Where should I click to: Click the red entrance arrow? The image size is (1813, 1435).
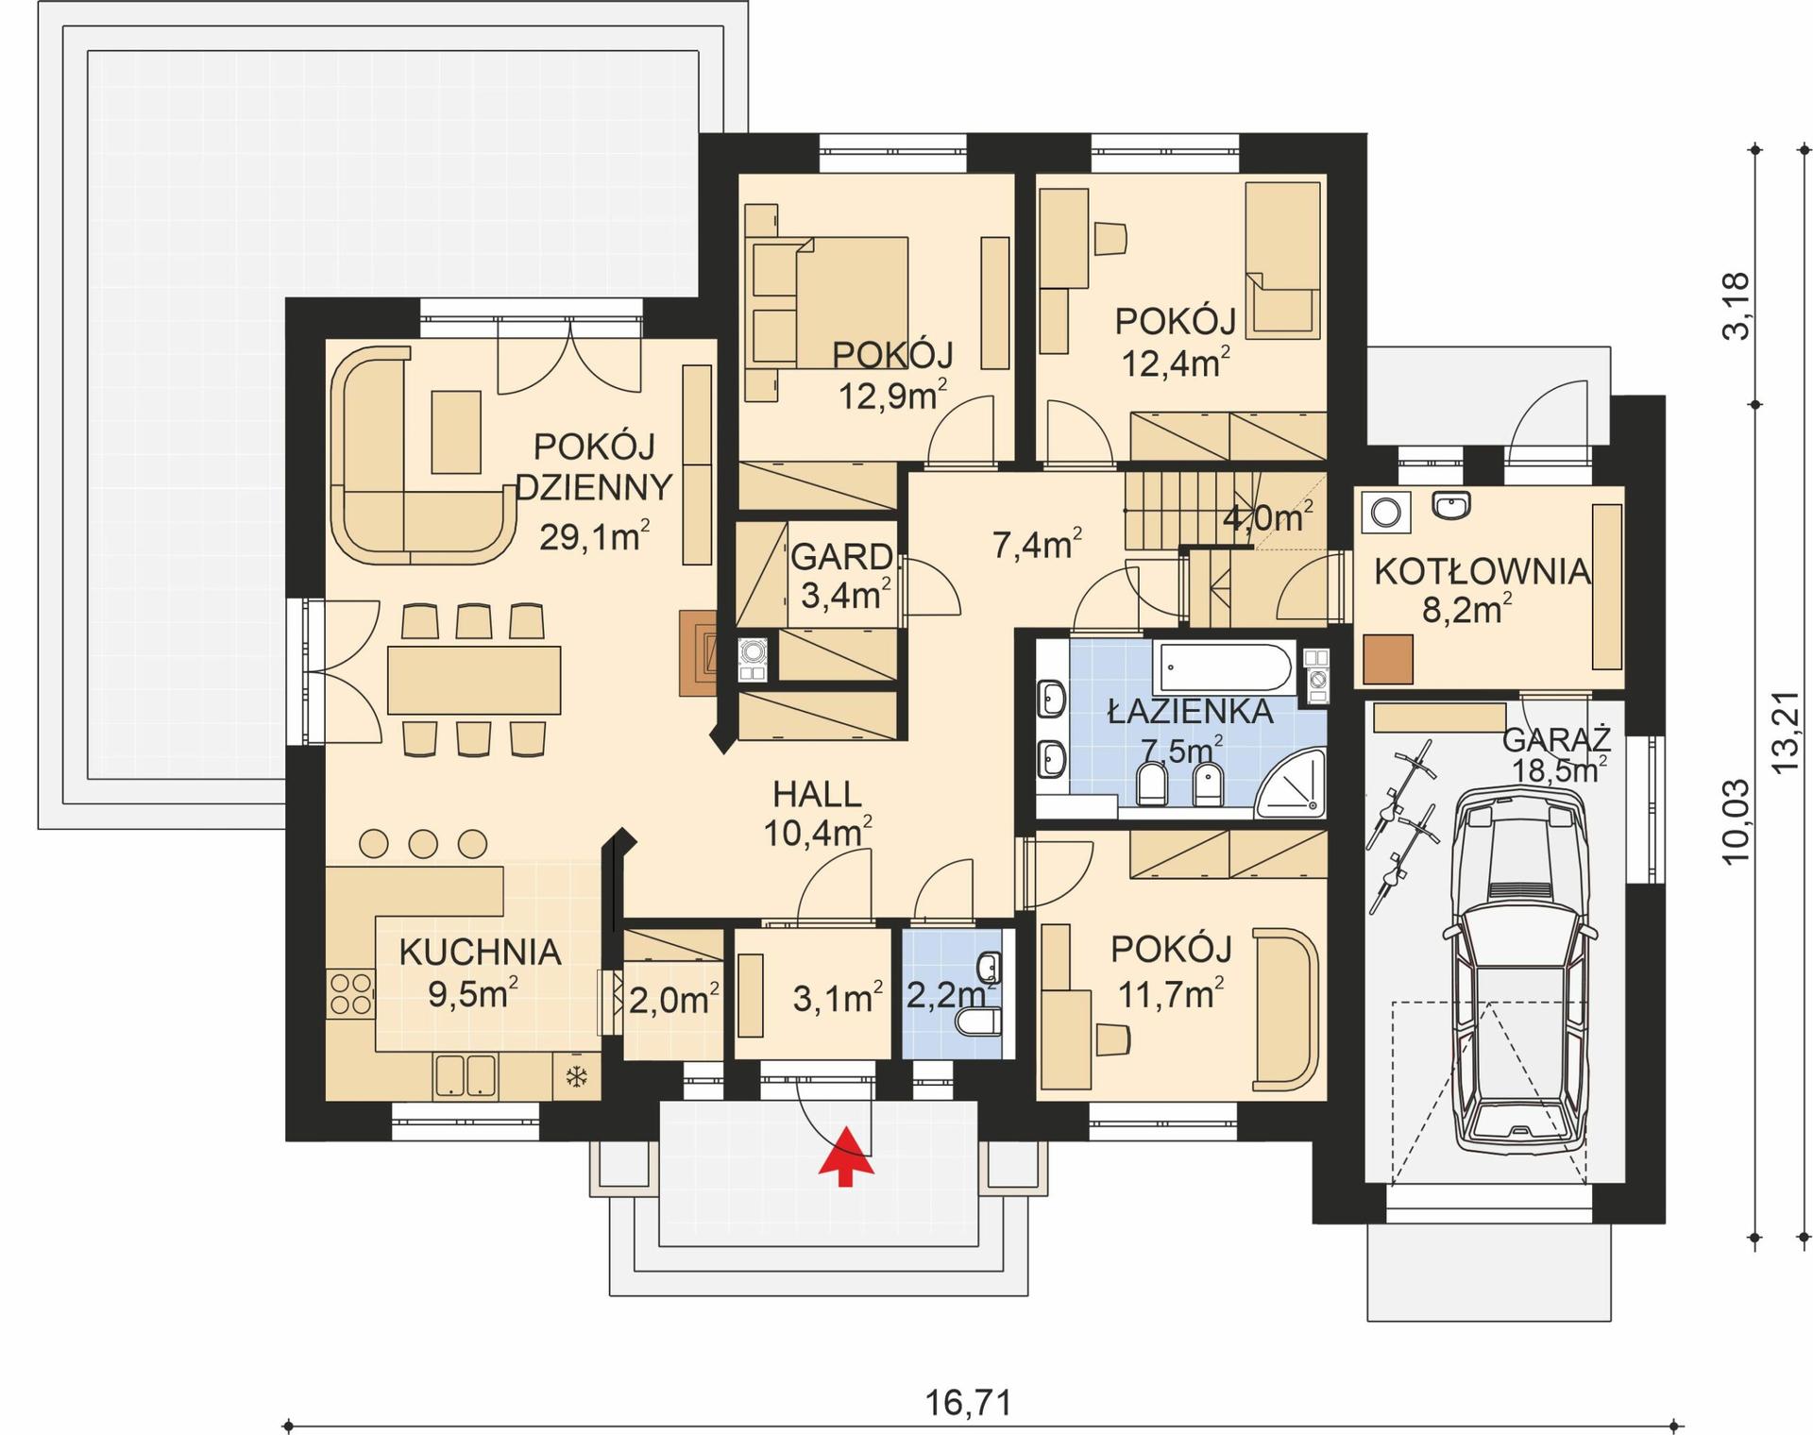846,1156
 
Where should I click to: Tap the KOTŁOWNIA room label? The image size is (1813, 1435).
1482,571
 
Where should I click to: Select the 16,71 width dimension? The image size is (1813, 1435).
968,1402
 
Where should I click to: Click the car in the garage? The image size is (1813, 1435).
1519,972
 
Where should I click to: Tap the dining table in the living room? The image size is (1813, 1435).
474,680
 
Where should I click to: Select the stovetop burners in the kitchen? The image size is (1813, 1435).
350,994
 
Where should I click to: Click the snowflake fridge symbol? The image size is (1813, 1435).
576,1075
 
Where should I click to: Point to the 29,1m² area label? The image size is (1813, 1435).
594,537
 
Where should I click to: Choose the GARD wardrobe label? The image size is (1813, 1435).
840,557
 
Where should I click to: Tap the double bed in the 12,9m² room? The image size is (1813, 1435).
831,302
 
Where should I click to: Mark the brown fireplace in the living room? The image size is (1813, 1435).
697,652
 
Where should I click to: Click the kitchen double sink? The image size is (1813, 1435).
466,1075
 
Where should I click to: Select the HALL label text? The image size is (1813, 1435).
817,795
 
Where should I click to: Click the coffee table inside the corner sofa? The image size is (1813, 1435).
456,431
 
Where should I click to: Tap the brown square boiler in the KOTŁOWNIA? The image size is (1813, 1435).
1388,659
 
